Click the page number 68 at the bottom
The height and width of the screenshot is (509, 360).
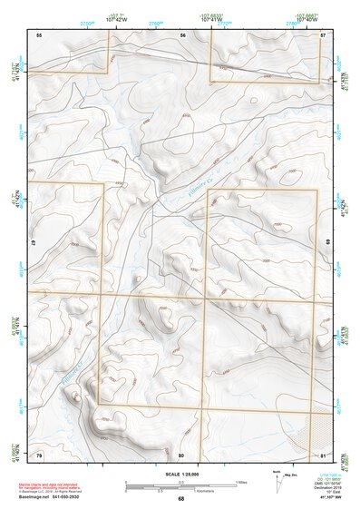coord(180,498)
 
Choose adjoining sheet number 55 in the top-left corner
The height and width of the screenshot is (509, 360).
coord(39,34)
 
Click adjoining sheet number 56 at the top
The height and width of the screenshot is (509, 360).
coord(182,34)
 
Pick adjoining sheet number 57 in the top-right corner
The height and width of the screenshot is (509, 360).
coord(323,34)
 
